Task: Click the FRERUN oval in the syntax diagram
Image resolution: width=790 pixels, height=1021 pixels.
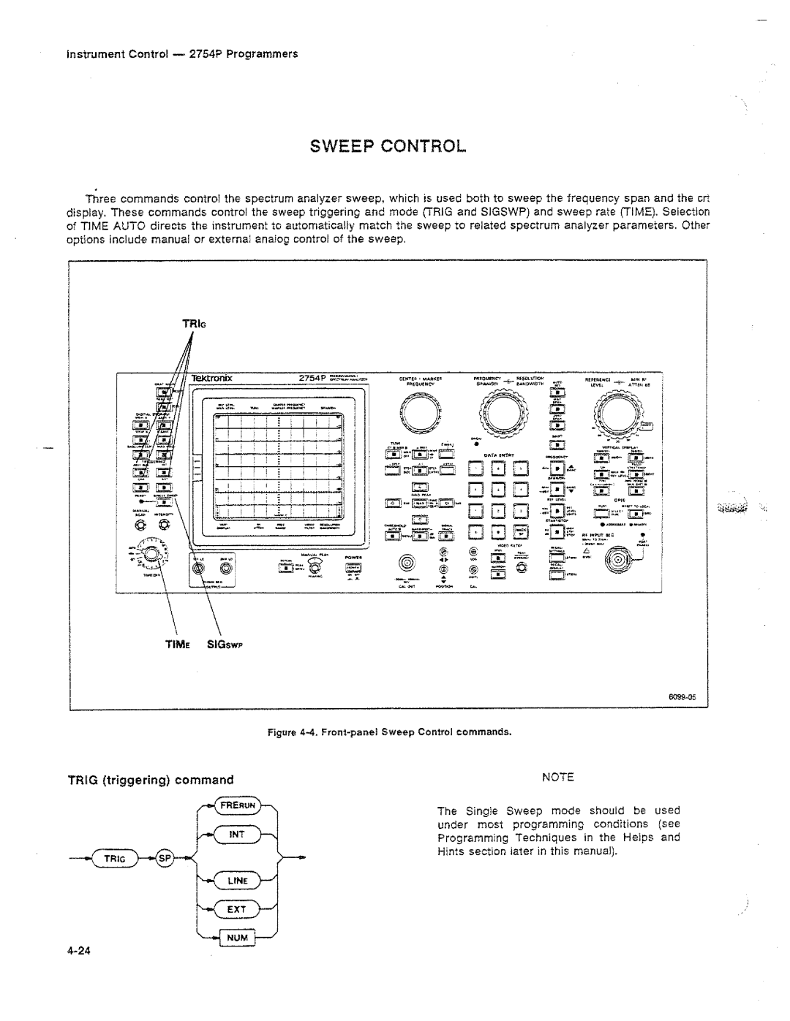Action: (236, 806)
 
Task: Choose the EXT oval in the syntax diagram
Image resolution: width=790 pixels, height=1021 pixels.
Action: (236, 910)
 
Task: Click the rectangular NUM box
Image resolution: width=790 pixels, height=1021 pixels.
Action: (235, 937)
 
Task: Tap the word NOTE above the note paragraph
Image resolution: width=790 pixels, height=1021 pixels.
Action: (557, 776)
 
